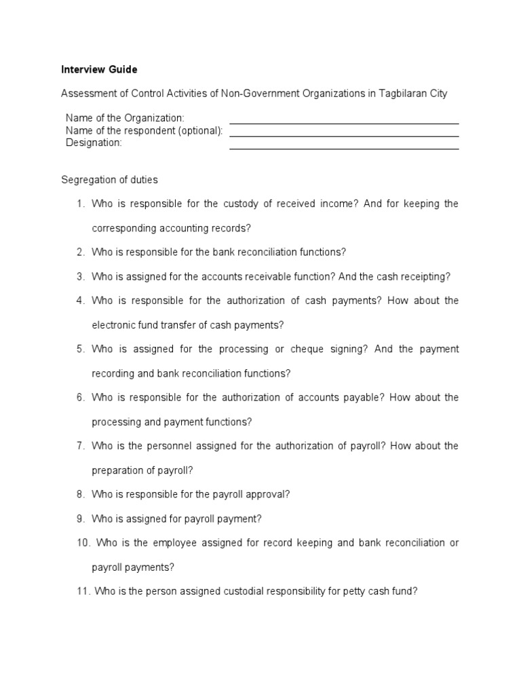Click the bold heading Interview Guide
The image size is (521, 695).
[x=99, y=69]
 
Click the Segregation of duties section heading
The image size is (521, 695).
[x=109, y=180]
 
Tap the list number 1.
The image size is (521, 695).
[x=79, y=204]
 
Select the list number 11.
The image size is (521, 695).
[x=83, y=591]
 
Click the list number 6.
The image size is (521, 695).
[x=79, y=397]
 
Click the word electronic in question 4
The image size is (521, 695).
[x=113, y=325]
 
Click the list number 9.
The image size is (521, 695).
[x=79, y=519]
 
